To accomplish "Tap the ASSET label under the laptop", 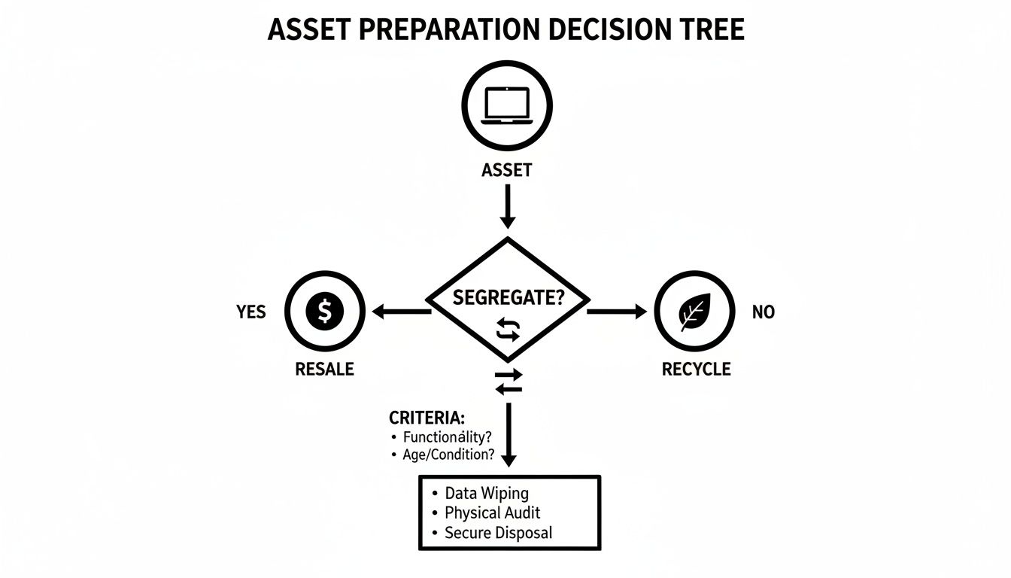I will (506, 171).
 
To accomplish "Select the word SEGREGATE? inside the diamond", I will (509, 297).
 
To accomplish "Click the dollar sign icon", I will (325, 311).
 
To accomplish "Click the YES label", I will (250, 312).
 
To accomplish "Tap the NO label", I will (763, 312).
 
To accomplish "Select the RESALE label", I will (324, 370).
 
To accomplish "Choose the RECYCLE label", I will (696, 370).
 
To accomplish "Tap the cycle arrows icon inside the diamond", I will (509, 330).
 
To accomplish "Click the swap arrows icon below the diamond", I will (509, 382).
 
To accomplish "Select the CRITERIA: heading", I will (427, 417).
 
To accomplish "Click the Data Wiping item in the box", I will (487, 494).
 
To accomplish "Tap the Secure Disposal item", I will (498, 533).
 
